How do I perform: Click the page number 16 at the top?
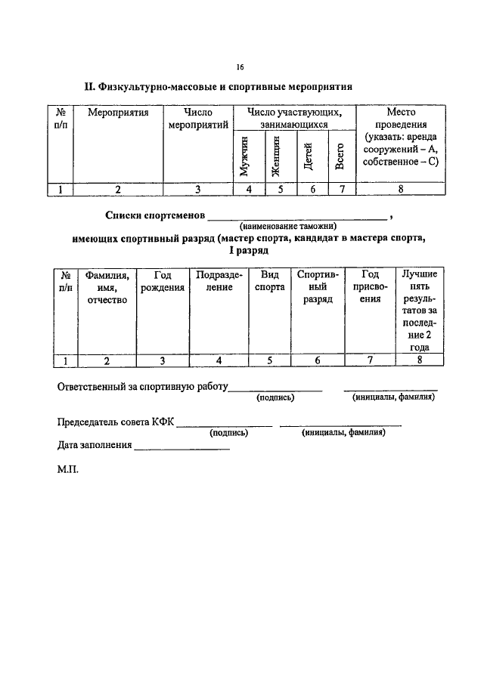[240, 66]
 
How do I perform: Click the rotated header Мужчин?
[244, 156]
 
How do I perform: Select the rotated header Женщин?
[276, 156]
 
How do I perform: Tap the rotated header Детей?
[308, 156]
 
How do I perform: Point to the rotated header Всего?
[340, 156]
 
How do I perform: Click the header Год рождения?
[163, 281]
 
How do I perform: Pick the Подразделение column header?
[219, 281]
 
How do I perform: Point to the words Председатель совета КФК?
[116, 422]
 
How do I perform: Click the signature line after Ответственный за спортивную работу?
[275, 391]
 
